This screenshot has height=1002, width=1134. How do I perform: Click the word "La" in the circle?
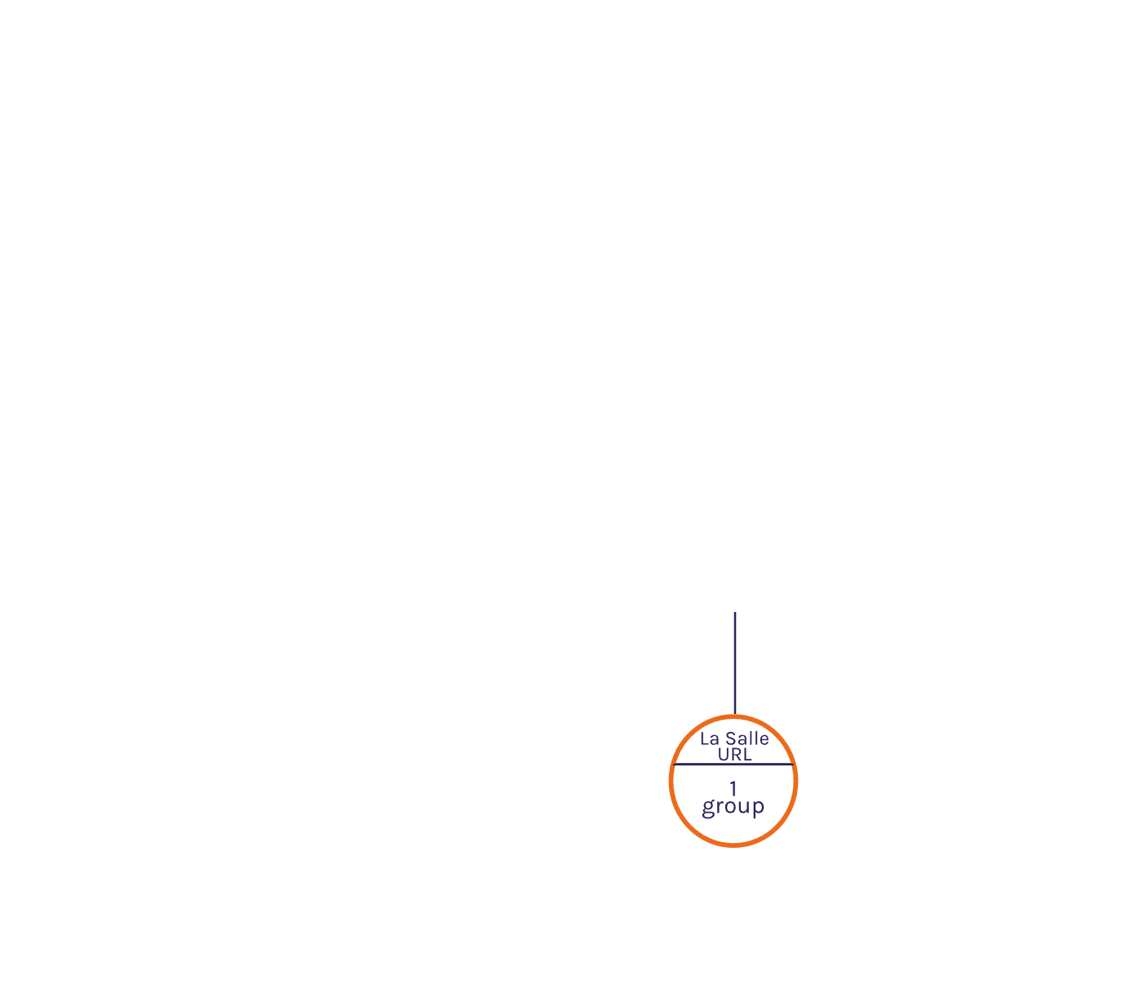click(709, 739)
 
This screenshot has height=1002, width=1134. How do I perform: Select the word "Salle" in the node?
click(746, 738)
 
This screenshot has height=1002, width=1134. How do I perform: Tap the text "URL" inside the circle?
click(734, 755)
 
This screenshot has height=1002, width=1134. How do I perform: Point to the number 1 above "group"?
click(733, 789)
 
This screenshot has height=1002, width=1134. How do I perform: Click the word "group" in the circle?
click(733, 807)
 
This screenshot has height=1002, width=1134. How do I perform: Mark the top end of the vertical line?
click(735, 612)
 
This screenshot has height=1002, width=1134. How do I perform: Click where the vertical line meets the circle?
click(735, 715)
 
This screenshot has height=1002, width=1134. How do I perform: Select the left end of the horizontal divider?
click(673, 764)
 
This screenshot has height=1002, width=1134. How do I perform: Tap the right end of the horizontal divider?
click(794, 764)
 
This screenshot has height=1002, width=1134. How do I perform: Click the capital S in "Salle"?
click(731, 738)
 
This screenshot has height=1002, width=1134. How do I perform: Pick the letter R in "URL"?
click(736, 755)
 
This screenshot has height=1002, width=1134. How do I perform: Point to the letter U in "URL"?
click(723, 755)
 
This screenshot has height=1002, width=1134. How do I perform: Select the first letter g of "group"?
click(708, 809)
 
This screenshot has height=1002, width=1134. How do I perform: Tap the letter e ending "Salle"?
click(764, 740)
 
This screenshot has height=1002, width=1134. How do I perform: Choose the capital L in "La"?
click(705, 739)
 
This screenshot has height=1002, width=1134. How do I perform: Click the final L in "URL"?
click(747, 755)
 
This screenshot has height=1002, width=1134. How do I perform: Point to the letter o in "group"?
click(730, 806)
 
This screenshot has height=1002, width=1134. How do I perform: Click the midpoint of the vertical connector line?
click(735, 663)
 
